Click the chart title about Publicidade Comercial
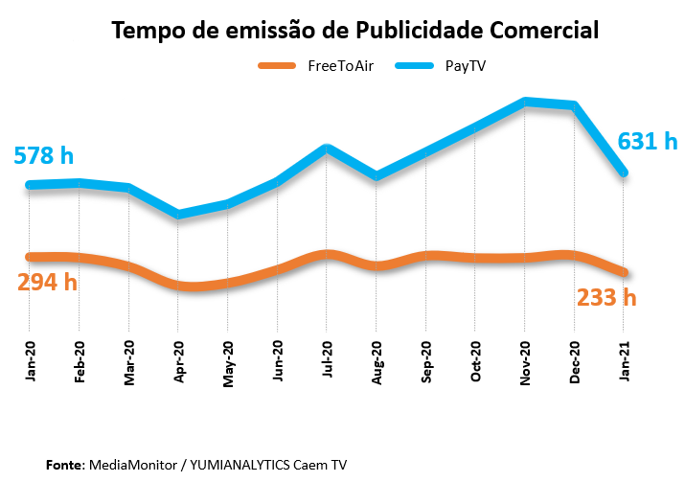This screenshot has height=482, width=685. click(355, 30)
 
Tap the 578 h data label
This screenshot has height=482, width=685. click(43, 155)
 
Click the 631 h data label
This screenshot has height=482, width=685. click(648, 142)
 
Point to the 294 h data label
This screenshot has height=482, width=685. click(47, 282)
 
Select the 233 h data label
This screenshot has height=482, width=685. click(606, 297)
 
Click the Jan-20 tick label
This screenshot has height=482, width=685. click(30, 362)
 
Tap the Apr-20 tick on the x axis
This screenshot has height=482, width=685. click(178, 362)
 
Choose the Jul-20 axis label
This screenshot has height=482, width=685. click(327, 362)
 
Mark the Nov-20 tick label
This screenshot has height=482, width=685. click(525, 362)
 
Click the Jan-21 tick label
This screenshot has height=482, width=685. click(625, 362)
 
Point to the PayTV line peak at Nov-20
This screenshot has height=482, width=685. click(525, 102)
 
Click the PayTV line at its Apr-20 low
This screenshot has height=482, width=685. click(178, 215)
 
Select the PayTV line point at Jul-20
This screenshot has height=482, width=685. click(327, 148)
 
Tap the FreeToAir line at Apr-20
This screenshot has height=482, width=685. click(178, 286)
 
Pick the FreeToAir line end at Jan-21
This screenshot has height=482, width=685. click(624, 273)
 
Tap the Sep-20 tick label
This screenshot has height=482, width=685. click(425, 362)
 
